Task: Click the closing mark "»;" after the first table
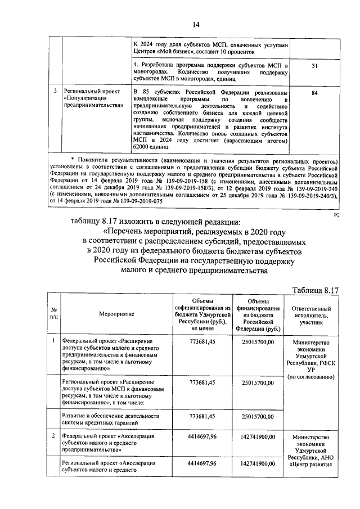(x=336, y=214)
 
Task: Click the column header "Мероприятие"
(x=116, y=313)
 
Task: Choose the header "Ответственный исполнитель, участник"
(x=315, y=313)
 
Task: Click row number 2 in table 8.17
(x=53, y=436)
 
